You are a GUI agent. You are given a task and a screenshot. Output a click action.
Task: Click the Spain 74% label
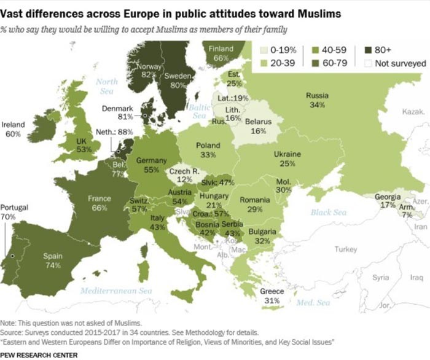[52, 260]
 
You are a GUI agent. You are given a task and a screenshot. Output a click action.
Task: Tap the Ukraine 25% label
[287, 158]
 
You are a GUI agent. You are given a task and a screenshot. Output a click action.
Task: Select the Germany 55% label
[151, 165]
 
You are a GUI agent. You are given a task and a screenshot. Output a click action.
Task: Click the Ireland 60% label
[14, 128]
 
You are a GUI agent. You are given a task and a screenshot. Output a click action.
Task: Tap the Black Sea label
[329, 213]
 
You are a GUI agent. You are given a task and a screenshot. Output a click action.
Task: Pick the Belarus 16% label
[258, 126]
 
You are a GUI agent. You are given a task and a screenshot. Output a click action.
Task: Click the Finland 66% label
[221, 53]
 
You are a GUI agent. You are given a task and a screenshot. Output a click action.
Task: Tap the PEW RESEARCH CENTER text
[39, 354]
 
